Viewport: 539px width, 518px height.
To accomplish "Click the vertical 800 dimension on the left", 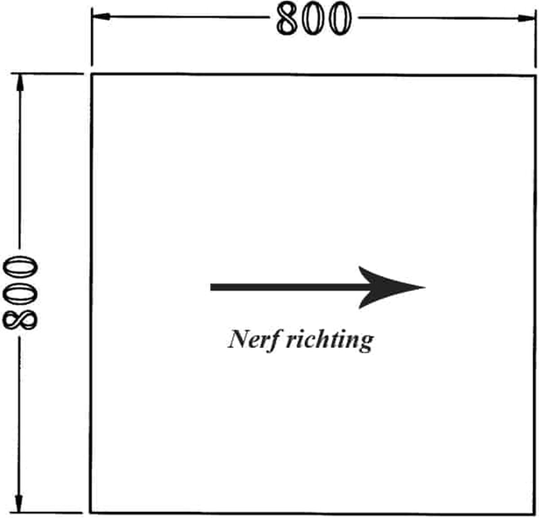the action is click(x=19, y=293).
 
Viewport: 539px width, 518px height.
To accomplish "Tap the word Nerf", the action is click(x=253, y=339).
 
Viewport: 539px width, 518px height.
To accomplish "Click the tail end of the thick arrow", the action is click(x=211, y=287).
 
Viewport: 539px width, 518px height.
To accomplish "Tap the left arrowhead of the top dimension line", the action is click(x=101, y=17).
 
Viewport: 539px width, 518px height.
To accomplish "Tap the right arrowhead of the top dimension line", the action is click(x=526, y=18).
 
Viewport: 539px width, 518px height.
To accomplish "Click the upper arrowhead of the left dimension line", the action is click(x=19, y=83).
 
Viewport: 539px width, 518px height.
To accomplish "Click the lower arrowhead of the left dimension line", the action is click(x=19, y=503).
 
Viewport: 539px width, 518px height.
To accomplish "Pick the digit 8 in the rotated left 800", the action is click(x=19, y=320).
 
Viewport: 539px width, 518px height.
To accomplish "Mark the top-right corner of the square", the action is click(x=535, y=76).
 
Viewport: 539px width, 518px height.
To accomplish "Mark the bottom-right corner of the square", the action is click(x=535, y=514).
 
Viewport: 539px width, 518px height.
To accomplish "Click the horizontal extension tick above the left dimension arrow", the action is click(x=47, y=74).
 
